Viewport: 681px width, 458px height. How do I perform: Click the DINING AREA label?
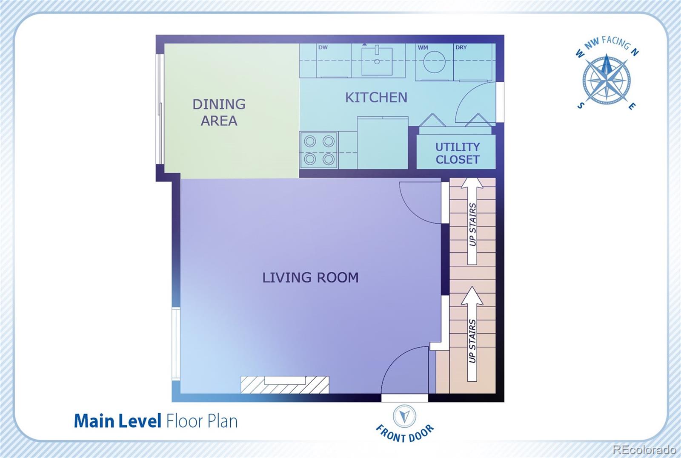coord(219,112)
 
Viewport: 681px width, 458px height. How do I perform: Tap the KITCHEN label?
coord(376,98)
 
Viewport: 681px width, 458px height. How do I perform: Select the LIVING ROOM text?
coord(310,277)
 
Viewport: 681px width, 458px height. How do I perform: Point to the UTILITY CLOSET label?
coord(458,153)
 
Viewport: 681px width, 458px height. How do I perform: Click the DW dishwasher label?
coord(323,47)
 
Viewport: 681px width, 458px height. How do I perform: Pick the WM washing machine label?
coord(423,47)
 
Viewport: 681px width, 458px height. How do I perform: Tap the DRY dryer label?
coord(461,47)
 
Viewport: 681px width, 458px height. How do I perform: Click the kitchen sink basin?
coord(377,61)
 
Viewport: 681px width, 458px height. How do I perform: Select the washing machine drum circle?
coord(435,62)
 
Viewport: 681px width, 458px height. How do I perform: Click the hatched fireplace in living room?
coord(285,385)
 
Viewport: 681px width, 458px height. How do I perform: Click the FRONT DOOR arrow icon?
coord(404,416)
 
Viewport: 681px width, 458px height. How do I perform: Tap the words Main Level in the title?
coord(117,421)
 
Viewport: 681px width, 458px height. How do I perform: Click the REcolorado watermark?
coord(644,449)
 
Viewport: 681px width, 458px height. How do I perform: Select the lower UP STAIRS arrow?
coord(472,334)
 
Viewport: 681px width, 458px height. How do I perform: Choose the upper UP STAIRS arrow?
coord(472,221)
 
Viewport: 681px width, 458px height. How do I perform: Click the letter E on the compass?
coord(632,106)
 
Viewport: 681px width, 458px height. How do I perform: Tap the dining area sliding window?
coord(160,109)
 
